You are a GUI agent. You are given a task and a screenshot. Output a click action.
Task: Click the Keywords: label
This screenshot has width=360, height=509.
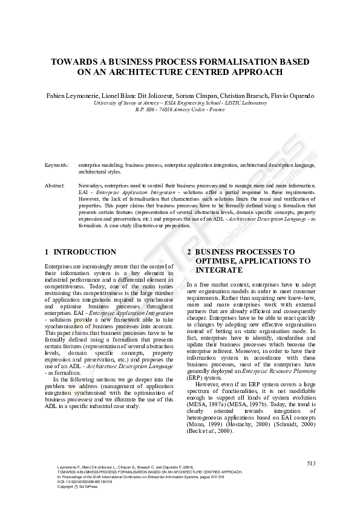pos(56,164)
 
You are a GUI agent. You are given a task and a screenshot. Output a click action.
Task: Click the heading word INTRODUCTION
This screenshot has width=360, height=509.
pos(85,251)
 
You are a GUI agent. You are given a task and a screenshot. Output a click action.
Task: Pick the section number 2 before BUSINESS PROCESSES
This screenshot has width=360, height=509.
pos(189,251)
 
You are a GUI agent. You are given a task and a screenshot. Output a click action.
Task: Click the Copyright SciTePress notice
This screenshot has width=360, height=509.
pos(73,487)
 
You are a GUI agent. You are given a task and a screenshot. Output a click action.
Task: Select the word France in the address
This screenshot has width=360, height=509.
pos(216,110)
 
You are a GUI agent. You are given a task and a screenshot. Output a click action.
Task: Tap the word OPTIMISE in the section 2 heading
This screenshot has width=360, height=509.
pos(215,261)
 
